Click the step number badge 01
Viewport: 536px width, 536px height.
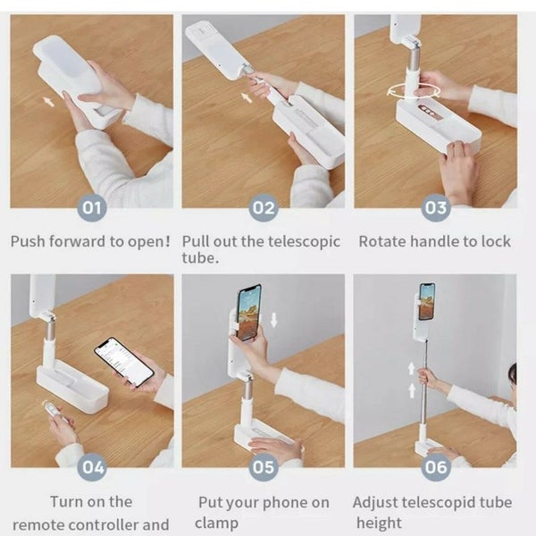[x=91, y=209]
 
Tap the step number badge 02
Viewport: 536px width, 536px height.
[x=264, y=209]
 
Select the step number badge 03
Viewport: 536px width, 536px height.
[x=436, y=209]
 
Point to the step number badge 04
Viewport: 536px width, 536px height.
[x=92, y=466]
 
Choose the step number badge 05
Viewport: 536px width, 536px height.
[x=264, y=466]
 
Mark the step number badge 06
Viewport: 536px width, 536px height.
[x=436, y=466]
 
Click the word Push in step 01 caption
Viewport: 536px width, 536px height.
[x=29, y=241]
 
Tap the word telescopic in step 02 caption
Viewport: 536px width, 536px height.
[x=304, y=241]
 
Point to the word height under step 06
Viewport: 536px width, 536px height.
[x=380, y=523]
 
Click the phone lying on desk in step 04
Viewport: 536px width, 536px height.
[x=124, y=361]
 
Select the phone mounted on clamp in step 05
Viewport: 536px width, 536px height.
[x=249, y=313]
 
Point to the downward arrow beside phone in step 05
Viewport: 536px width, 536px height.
[x=273, y=320]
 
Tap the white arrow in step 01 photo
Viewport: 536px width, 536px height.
[x=48, y=102]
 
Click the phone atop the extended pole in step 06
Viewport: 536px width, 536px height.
[x=427, y=301]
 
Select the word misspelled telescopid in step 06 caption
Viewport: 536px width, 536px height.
[x=434, y=503]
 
